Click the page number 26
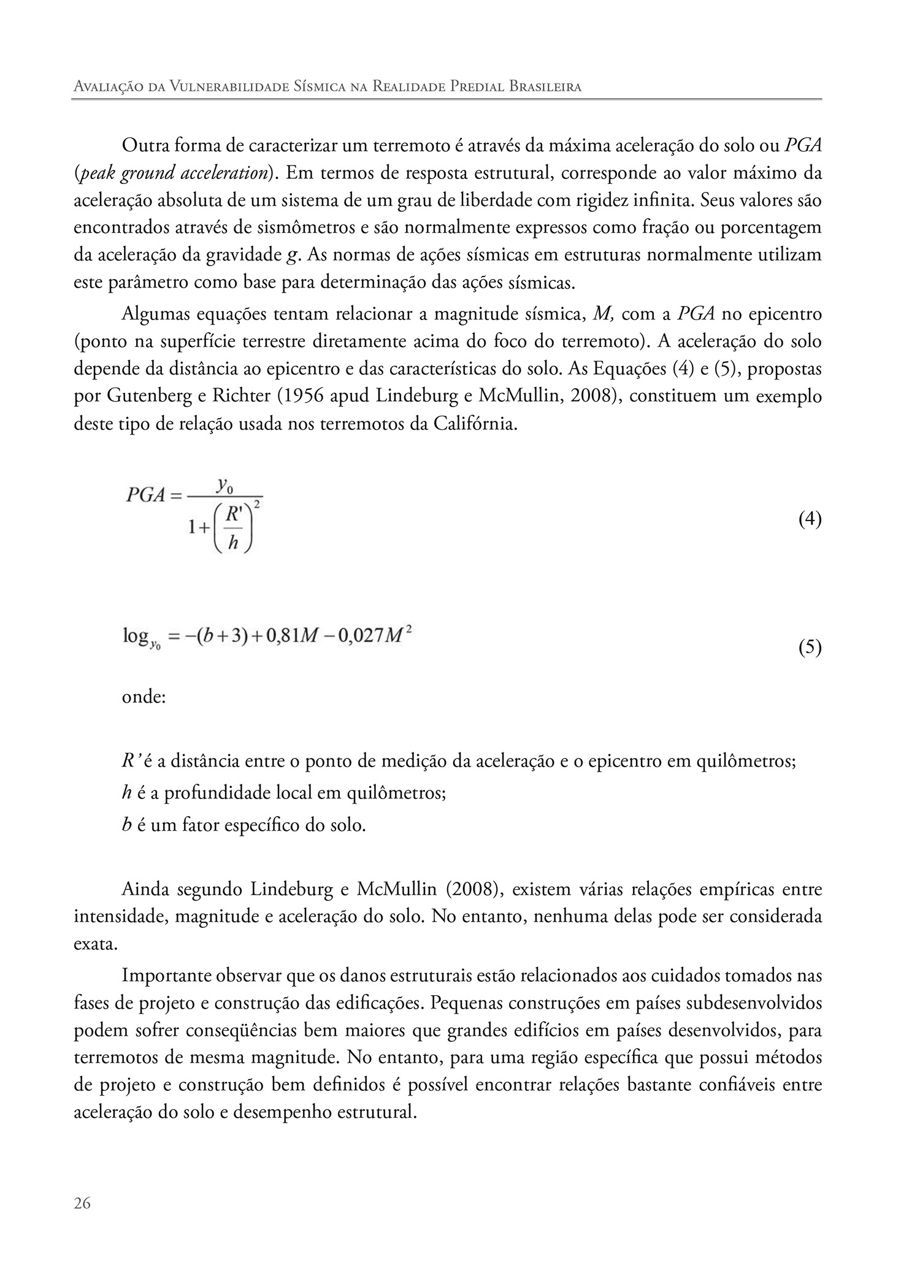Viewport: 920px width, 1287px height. point(82,1204)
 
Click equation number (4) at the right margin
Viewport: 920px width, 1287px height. point(810,519)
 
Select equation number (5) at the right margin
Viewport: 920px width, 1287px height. point(810,647)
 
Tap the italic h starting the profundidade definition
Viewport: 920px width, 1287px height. point(127,793)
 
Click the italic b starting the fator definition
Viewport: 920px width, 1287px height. point(127,825)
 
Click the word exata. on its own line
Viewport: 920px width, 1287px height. point(95,944)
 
